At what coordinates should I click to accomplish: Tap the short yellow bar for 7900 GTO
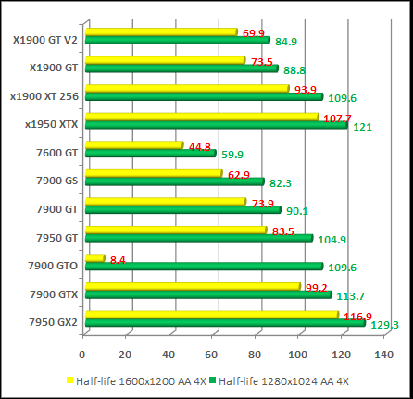pos(94,258)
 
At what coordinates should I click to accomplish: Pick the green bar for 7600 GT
pos(149,153)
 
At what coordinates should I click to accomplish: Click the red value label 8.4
pos(118,260)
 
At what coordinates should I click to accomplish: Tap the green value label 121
pos(362,127)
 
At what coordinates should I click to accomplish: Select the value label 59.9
pos(232,155)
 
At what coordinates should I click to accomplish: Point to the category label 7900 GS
pos(57,180)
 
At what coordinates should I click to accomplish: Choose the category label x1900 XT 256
pos(44,95)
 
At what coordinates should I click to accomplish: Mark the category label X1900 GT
pos(54,67)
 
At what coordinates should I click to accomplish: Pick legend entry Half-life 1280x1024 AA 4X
pos(286,380)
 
